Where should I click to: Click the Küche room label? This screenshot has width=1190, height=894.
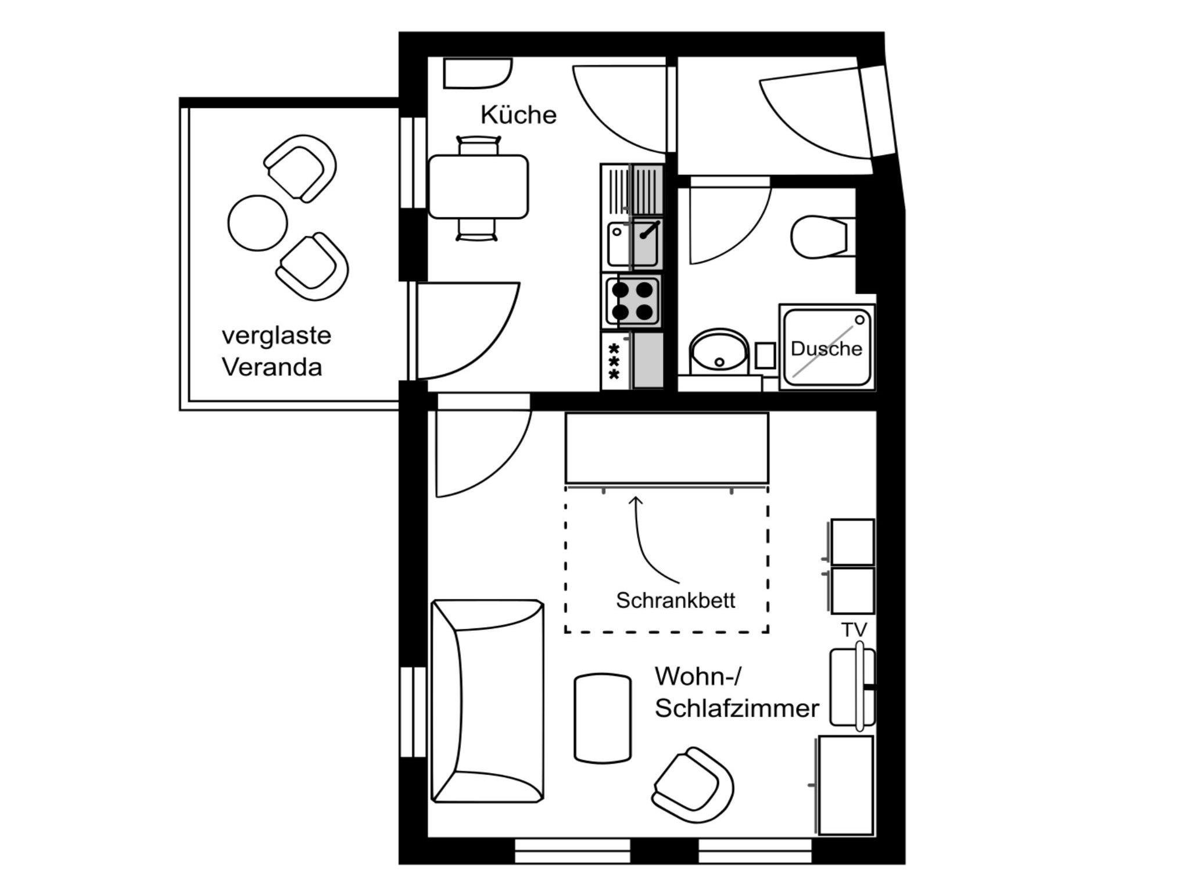coord(518,115)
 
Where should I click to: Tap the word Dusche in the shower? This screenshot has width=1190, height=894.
coord(826,349)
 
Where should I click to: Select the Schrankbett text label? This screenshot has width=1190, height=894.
coord(676,600)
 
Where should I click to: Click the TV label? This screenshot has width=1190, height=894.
coord(854,630)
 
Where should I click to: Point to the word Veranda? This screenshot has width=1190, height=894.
coord(272,367)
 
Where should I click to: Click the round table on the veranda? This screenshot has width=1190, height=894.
coord(257,223)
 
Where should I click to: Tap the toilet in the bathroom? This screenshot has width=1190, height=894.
coord(819,237)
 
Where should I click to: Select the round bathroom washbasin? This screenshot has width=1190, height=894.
coord(719,351)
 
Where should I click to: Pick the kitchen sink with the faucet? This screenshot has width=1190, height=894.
coord(633,244)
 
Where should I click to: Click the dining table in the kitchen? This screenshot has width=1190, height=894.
coord(478,187)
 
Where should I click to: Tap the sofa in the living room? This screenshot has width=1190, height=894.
coord(488,701)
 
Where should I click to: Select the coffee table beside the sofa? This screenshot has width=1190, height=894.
coord(603,717)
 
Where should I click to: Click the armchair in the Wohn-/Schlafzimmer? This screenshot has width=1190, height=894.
coord(693,785)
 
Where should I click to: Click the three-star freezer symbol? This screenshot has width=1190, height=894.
coord(614,361)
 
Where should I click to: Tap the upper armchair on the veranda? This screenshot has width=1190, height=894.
coord(300,169)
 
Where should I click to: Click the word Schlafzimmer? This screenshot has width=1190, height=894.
coord(737,709)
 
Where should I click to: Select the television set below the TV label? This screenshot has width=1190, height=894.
coord(852,687)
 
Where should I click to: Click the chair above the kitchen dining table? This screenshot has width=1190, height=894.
coord(478,145)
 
